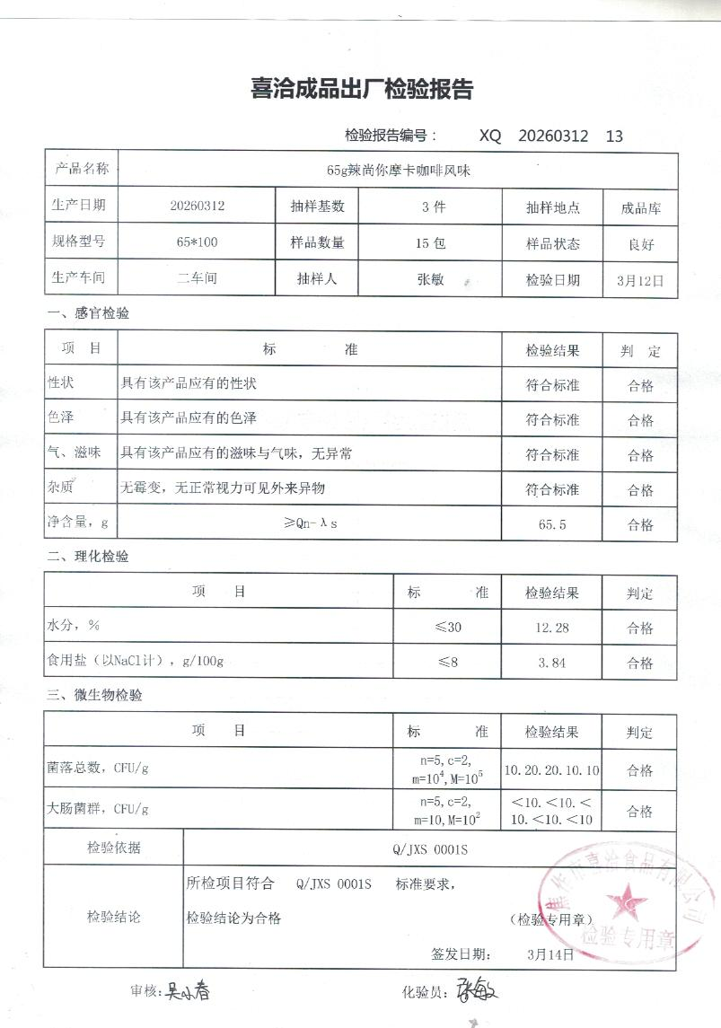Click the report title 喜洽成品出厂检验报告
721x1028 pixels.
pyautogui.click(x=360, y=90)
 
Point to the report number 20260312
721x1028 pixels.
pyautogui.click(x=553, y=136)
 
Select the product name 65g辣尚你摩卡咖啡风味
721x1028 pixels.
pyautogui.click(x=399, y=169)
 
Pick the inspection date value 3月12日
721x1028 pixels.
pyautogui.click(x=640, y=280)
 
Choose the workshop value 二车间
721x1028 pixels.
pyautogui.click(x=198, y=278)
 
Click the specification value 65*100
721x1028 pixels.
pyautogui.click(x=198, y=242)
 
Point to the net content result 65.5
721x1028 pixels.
pyautogui.click(x=552, y=525)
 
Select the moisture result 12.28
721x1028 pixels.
pyautogui.click(x=552, y=628)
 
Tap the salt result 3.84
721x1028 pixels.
pyautogui.click(x=552, y=663)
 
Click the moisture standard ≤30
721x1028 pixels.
pyautogui.click(x=447, y=628)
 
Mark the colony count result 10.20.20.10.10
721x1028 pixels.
pyautogui.click(x=552, y=770)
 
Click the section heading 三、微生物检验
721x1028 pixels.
pyautogui.click(x=94, y=695)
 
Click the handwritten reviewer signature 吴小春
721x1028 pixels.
pyautogui.click(x=189, y=993)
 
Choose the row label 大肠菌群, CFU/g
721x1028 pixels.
pyautogui.click(x=98, y=809)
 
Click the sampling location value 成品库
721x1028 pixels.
pyautogui.click(x=640, y=208)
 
